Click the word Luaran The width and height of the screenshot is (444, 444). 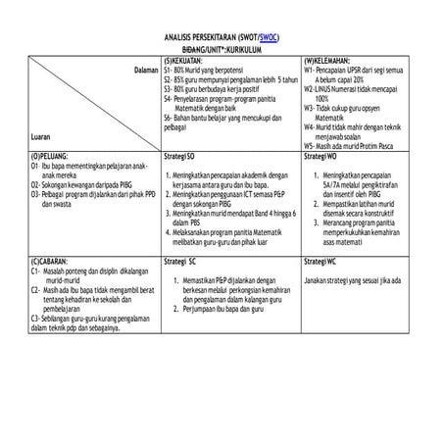pyautogui.click(x=42, y=137)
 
